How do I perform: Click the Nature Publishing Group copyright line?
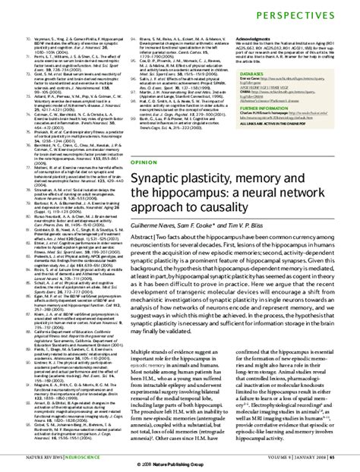pyautogui.click(x=180, y=463)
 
